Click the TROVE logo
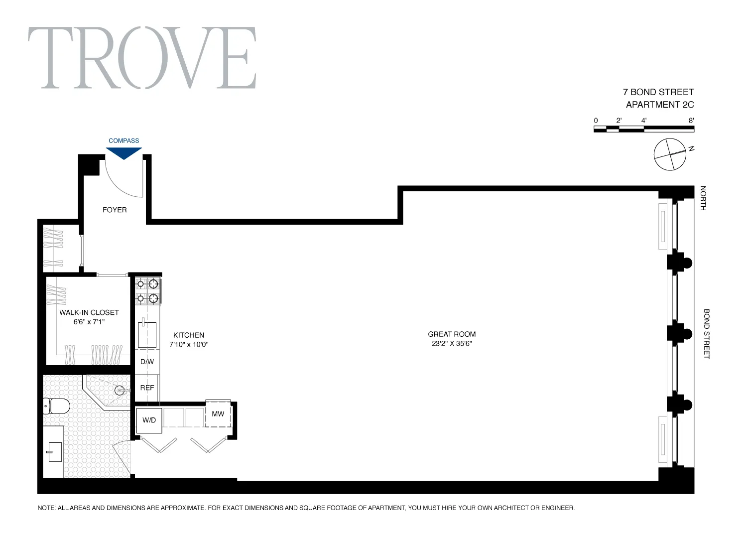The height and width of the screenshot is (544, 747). (142, 58)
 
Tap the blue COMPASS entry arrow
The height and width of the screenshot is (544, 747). (124, 153)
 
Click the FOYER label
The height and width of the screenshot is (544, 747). (115, 210)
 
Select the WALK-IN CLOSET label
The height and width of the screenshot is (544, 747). (89, 312)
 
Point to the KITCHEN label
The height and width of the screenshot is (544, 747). (189, 335)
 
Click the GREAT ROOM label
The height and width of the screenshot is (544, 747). (452, 334)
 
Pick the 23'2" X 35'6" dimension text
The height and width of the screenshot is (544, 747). (452, 344)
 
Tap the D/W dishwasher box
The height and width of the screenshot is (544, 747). (147, 362)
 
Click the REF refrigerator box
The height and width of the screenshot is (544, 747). (147, 388)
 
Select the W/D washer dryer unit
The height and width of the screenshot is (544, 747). (149, 420)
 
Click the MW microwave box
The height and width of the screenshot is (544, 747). (218, 413)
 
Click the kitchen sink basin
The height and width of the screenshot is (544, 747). (147, 334)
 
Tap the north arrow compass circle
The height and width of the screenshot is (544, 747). (670, 154)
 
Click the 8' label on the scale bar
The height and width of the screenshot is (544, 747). (691, 121)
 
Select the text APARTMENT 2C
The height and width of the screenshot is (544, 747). (659, 105)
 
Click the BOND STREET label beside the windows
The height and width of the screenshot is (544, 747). (706, 334)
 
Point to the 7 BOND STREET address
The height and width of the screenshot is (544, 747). (658, 92)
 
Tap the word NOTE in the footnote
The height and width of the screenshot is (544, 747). (46, 508)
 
